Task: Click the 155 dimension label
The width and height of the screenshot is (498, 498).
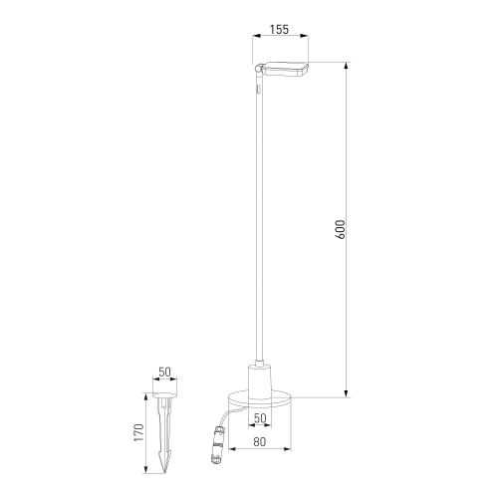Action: click(279, 30)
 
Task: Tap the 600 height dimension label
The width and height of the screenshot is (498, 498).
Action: click(341, 229)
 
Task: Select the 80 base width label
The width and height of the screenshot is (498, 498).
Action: click(260, 442)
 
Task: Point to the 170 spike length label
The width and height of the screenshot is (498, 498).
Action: click(139, 432)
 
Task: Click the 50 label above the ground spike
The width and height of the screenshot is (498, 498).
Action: click(164, 373)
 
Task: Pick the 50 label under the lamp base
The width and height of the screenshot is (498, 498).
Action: click(260, 418)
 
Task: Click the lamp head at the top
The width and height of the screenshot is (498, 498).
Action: click(286, 69)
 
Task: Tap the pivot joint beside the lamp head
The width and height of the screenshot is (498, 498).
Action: click(258, 69)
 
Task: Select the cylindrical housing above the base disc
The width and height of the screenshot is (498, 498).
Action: click(260, 381)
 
